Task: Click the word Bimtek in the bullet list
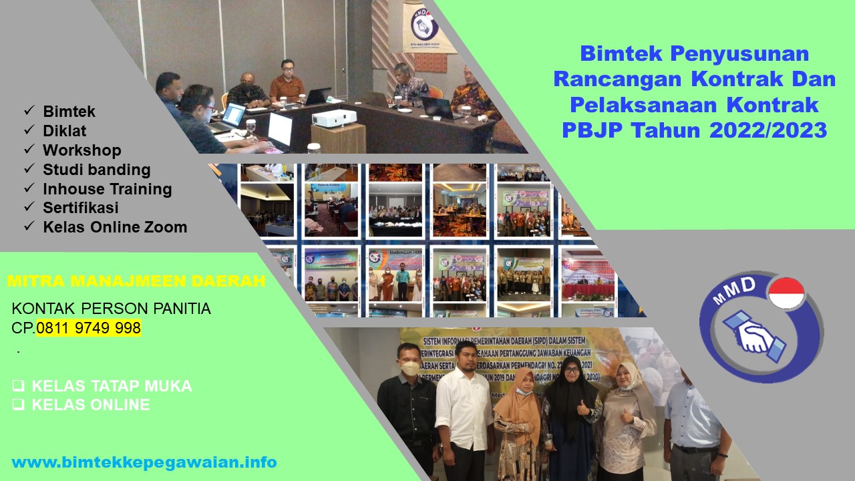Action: [x=69, y=112]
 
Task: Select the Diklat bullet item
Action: [x=65, y=131]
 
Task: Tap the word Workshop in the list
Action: [x=82, y=150]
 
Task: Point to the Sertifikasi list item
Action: [x=81, y=208]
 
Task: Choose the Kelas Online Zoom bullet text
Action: [x=115, y=227]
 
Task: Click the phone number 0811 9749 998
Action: [x=89, y=328]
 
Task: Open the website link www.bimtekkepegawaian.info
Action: [x=144, y=462]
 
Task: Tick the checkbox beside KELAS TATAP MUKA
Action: [x=18, y=385]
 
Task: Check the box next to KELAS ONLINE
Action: [x=18, y=405]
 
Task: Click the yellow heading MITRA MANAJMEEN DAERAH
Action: [x=136, y=281]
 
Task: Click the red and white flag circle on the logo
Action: [x=786, y=294]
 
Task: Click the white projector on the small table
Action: [x=334, y=118]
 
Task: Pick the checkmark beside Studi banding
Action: [x=29, y=170]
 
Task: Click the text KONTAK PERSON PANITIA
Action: [x=112, y=309]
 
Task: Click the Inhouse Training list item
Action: [x=108, y=189]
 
